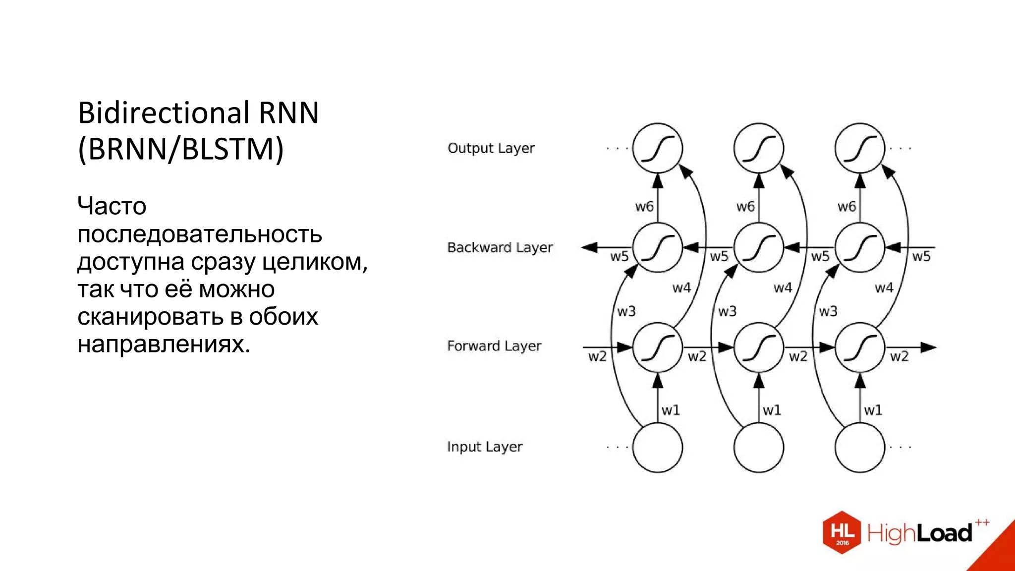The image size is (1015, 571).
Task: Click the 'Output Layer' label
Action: (491, 148)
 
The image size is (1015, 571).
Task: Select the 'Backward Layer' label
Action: (500, 247)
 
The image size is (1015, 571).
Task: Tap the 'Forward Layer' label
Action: (494, 346)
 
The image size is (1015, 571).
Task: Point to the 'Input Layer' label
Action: (484, 447)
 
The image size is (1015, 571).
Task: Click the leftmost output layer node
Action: (657, 148)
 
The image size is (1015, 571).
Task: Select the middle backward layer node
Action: (758, 247)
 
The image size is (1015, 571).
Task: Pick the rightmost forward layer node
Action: (859, 347)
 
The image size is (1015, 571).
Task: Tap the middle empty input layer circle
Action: (758, 447)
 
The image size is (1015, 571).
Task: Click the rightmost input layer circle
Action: (859, 447)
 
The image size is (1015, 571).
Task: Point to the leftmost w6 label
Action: (644, 206)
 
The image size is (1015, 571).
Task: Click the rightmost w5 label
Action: (921, 256)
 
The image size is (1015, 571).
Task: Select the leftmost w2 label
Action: (597, 356)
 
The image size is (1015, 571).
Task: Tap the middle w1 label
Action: (772, 410)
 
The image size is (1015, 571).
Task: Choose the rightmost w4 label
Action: (884, 287)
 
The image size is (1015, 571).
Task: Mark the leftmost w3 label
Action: (626, 311)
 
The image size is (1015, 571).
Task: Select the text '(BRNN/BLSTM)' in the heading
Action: (181, 149)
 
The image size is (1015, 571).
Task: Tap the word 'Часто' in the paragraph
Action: (112, 206)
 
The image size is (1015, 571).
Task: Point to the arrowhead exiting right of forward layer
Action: (928, 347)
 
